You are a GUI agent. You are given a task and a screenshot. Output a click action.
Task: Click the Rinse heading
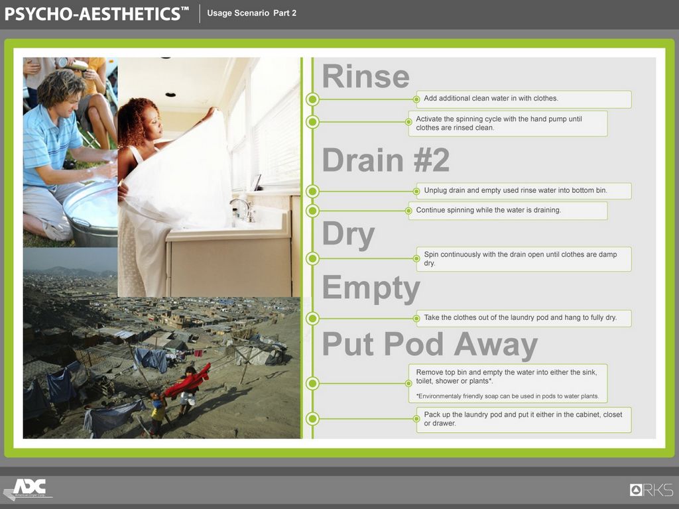pos(366,76)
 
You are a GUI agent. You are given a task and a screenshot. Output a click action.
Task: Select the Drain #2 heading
pos(386,160)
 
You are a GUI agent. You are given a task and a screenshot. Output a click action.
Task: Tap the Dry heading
pos(348,235)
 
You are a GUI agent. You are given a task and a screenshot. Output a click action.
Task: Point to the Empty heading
pos(371,288)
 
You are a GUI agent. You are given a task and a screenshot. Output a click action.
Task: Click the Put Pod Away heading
pos(430,345)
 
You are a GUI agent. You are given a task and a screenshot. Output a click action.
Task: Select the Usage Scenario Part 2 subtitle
pos(251,13)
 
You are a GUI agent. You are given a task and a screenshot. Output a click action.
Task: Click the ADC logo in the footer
pos(29,490)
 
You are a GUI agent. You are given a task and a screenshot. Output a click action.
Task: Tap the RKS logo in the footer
pos(651,490)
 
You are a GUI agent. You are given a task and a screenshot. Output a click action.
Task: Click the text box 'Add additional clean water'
pos(524,99)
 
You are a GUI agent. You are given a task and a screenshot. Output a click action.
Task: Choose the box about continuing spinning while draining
pos(507,211)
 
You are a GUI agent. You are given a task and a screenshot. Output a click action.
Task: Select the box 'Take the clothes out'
pos(524,318)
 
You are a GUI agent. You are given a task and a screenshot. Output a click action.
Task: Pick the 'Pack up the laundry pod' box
pos(524,420)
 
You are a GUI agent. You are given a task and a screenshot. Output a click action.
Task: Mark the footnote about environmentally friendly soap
pos(507,396)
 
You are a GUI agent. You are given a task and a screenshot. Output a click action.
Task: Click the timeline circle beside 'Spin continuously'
pos(312,259)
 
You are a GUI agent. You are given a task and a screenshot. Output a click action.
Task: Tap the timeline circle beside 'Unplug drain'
pos(312,191)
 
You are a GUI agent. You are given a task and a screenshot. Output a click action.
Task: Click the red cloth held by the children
pos(187,382)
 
